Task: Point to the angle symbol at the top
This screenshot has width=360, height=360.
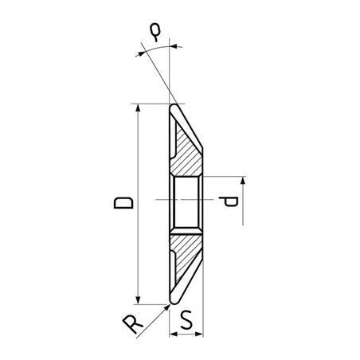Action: (x=157, y=32)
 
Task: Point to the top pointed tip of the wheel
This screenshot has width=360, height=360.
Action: (x=173, y=104)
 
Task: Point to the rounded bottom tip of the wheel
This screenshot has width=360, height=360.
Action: (x=173, y=302)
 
